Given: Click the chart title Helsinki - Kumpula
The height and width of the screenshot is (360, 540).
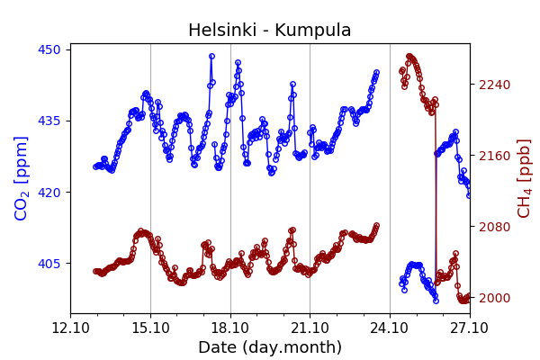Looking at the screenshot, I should [x=270, y=31].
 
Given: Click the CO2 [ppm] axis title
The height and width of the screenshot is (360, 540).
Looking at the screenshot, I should [x=22, y=178].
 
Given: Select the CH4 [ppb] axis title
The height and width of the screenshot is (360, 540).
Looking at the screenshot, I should [x=525, y=178].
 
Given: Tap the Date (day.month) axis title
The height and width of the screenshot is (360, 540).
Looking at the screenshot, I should [x=270, y=347].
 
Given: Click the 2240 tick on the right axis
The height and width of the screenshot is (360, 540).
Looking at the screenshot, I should [x=493, y=85].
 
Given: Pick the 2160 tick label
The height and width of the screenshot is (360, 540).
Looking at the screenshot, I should [x=493, y=156].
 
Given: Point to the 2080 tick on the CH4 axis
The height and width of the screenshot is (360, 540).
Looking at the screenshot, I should [x=493, y=227].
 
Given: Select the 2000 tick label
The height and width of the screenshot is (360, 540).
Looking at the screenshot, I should [x=493, y=298].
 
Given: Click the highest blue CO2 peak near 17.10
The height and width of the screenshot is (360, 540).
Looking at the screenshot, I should [x=212, y=56].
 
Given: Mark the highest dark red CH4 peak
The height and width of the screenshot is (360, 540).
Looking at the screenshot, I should [x=409, y=57].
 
